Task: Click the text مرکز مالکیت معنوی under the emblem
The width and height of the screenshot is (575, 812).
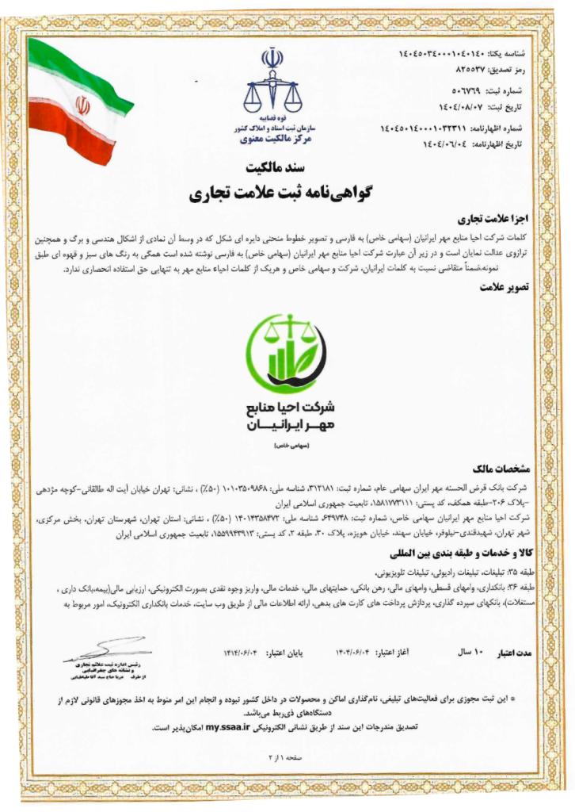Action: pyautogui.click(x=271, y=139)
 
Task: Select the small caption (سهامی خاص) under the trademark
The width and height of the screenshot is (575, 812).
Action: pyautogui.click(x=289, y=446)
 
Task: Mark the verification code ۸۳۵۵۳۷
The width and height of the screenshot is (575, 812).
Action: pyautogui.click(x=454, y=71)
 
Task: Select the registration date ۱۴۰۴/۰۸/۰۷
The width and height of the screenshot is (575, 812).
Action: pyautogui.click(x=447, y=105)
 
